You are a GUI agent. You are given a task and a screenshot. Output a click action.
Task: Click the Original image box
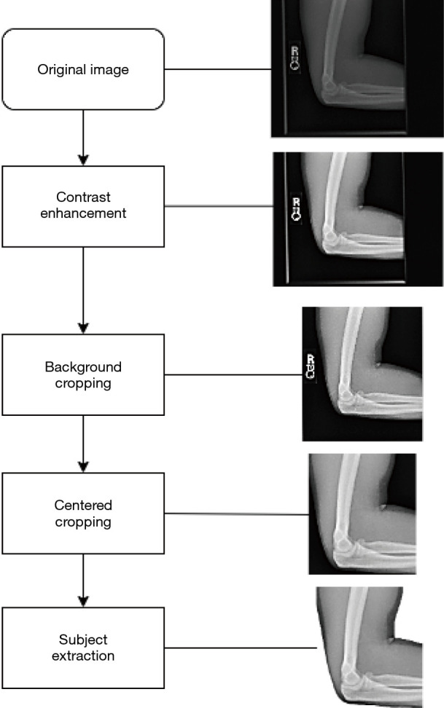(x=83, y=70)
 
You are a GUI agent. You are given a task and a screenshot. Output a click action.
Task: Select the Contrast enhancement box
(x=83, y=206)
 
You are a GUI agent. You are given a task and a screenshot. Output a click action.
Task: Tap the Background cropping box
(x=83, y=374)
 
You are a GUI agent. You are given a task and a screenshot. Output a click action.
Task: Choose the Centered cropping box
(x=83, y=514)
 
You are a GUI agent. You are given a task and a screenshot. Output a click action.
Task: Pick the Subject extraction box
(x=83, y=647)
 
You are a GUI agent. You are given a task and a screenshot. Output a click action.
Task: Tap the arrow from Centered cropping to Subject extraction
(x=83, y=581)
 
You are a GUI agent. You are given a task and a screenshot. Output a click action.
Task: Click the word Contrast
(x=83, y=198)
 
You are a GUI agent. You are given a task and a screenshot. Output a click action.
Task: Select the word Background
(x=83, y=366)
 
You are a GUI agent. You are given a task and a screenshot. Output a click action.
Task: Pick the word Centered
(x=83, y=506)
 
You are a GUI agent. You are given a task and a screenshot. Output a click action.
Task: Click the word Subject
(x=83, y=639)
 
